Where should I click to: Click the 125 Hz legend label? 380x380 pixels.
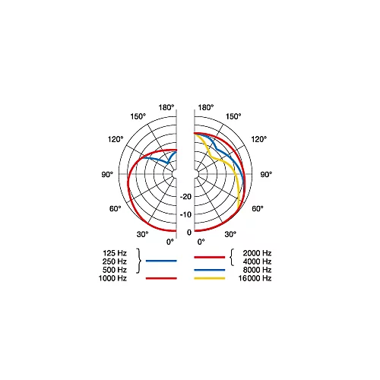pos(115,253)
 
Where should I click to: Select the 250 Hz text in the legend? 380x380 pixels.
pos(115,261)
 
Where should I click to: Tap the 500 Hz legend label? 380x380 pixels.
pos(115,270)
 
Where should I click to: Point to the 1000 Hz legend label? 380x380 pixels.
pos(112,278)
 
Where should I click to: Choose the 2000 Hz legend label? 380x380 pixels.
pos(257,253)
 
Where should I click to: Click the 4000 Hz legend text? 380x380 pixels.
pos(257,261)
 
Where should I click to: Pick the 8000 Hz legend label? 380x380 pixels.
pos(257,270)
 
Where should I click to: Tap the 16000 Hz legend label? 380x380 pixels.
pos(255,278)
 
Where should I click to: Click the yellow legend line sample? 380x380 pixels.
pos(210,278)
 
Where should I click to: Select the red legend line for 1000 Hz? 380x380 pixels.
pos(161,278)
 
